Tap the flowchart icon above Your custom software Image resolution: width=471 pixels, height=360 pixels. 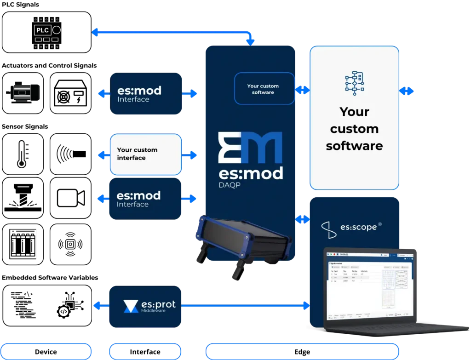coord(354,83)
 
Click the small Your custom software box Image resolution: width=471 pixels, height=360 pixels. coord(264,89)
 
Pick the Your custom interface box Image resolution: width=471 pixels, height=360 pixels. coord(146,154)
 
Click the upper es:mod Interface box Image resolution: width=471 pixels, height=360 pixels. coord(147,93)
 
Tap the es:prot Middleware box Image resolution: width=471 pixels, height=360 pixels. coord(145,307)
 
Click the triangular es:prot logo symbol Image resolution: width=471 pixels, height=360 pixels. coord(131,306)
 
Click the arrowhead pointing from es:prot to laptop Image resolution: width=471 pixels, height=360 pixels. coord(306,305)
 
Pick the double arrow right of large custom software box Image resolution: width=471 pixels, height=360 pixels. coord(407,91)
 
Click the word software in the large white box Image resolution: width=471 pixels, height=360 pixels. coord(354,146)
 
